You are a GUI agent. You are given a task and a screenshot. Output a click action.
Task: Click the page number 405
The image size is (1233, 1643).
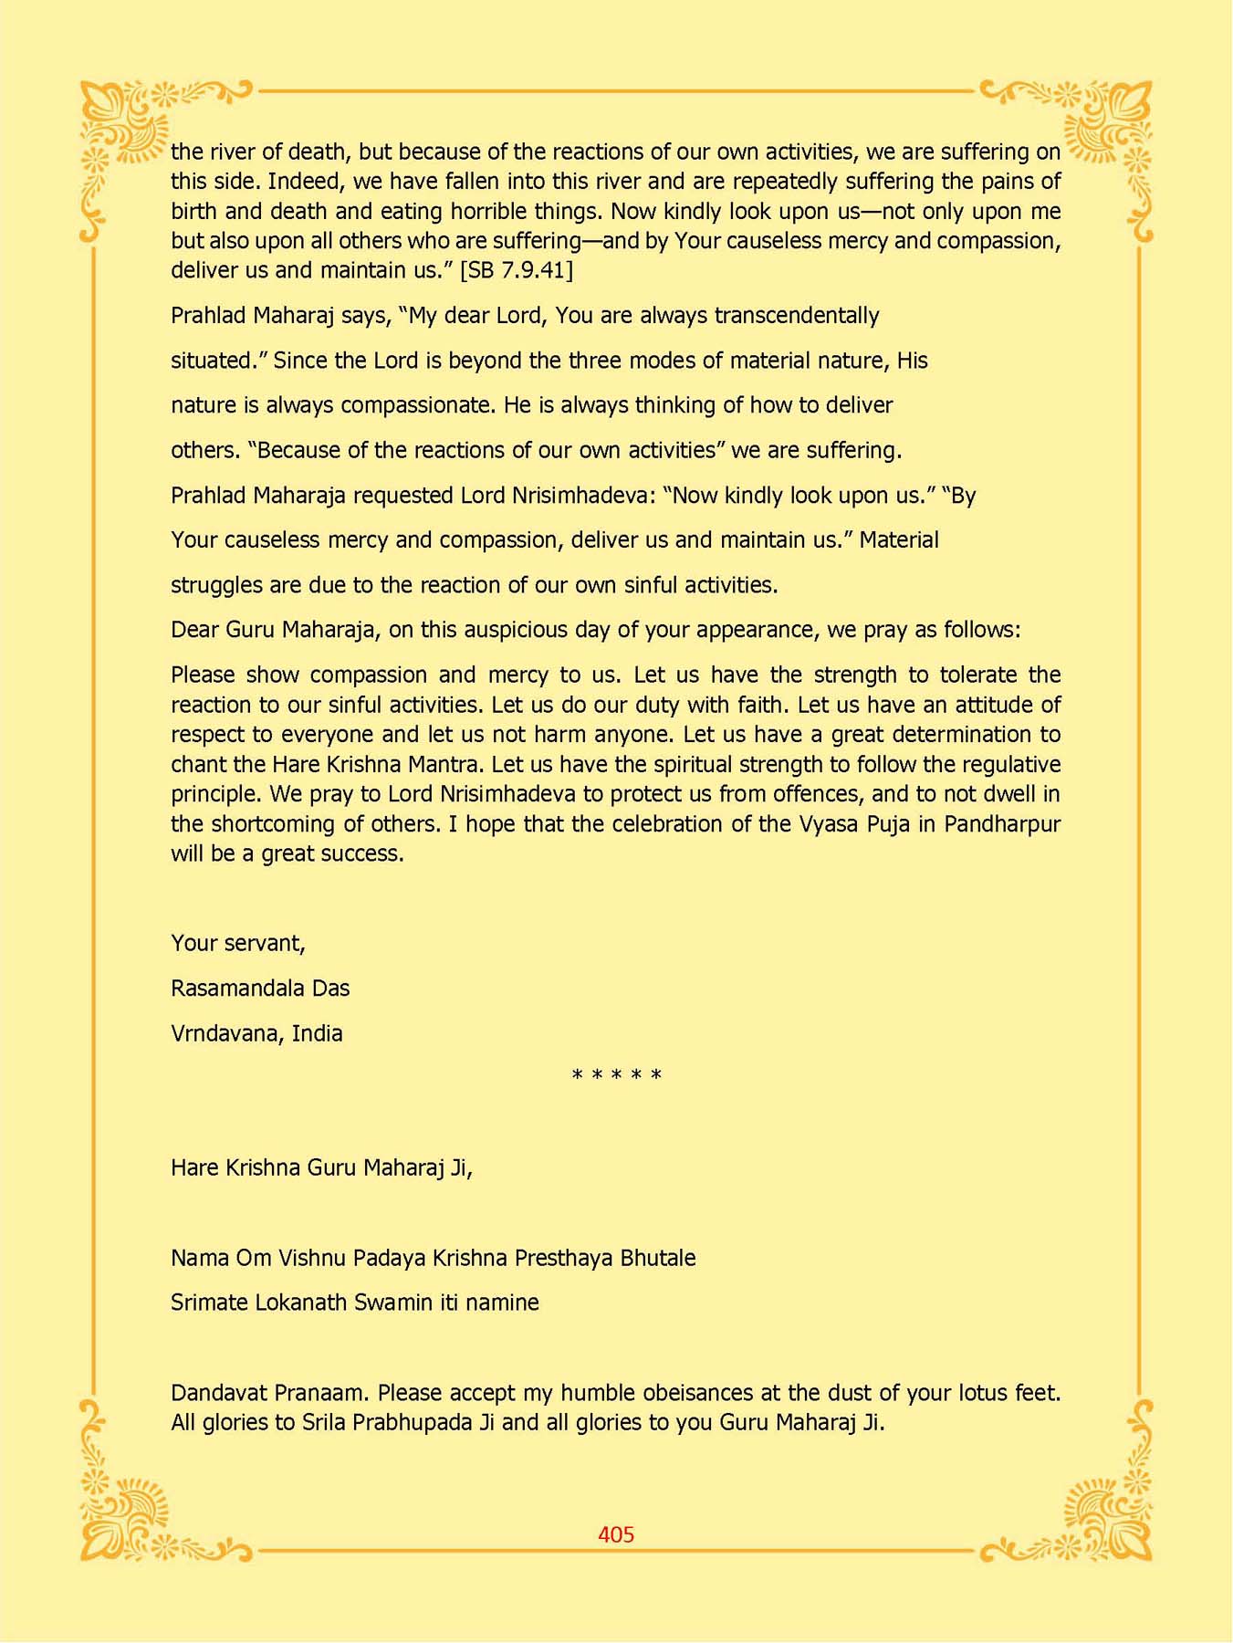(x=616, y=1534)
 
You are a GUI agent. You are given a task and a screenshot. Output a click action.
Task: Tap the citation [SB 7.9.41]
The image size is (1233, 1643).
(x=517, y=270)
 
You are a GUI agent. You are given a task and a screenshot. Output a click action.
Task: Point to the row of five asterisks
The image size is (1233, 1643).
(x=616, y=1076)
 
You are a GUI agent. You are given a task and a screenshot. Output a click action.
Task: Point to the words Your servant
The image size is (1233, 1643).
(x=237, y=943)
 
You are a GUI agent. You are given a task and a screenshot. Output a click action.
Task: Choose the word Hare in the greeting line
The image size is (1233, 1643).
(x=193, y=1168)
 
